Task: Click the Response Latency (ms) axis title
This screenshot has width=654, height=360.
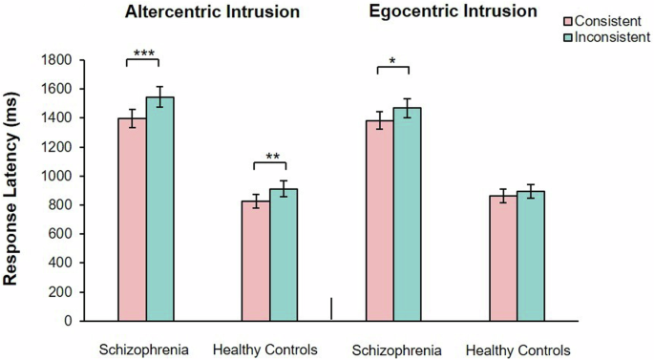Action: click(16, 188)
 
